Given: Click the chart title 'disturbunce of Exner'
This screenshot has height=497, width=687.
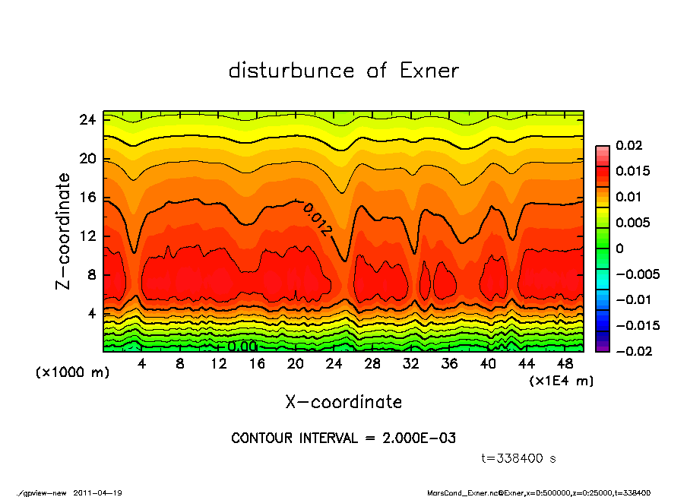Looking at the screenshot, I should point(343,71).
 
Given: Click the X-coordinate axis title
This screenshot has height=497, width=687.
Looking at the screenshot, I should point(343,402).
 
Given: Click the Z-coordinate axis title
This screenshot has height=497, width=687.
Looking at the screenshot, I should point(64,231).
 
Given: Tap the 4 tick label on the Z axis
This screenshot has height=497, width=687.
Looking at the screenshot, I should point(92,313).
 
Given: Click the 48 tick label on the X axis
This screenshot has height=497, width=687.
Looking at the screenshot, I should point(565,364).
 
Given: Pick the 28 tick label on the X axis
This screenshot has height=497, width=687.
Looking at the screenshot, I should point(372,364).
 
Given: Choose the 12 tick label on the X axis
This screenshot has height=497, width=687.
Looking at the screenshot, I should point(219,364).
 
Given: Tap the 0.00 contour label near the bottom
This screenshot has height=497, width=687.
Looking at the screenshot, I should point(242,347).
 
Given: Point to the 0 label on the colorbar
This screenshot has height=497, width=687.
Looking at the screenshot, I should point(619,248).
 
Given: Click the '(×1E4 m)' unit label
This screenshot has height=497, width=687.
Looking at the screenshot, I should point(561,380).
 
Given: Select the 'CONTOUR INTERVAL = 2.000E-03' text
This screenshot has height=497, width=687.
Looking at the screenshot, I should point(343,438).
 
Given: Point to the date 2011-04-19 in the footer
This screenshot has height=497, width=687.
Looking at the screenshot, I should point(98,492).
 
